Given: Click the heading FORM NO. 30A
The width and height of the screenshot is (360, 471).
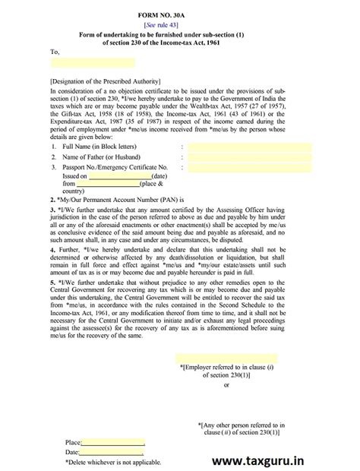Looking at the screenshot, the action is click(x=179, y=14).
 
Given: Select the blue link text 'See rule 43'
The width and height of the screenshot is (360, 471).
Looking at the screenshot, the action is click(x=179, y=25).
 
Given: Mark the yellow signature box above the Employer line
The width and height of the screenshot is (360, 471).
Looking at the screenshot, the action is click(x=226, y=357).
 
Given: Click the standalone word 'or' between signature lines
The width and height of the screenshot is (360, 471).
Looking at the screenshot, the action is click(x=226, y=384).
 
